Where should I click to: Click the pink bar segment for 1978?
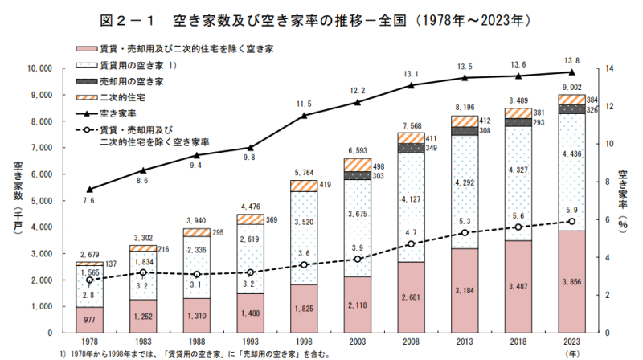point(88,319)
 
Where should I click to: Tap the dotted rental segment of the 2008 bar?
point(411,207)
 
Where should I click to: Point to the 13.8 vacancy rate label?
point(572,60)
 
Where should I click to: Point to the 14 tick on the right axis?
point(610,69)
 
